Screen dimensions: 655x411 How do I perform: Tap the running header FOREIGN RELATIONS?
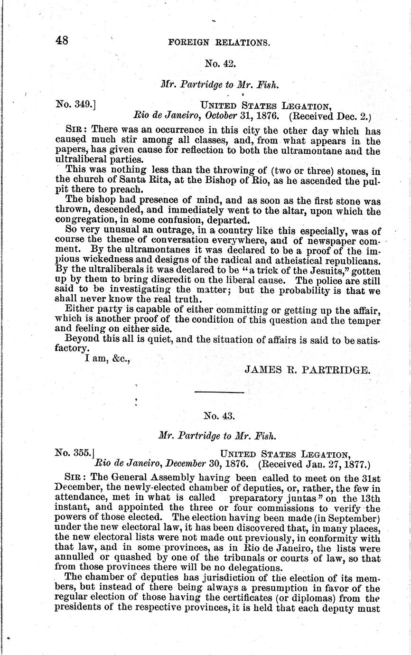click(x=219, y=42)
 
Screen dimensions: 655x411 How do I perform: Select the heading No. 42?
click(x=217, y=63)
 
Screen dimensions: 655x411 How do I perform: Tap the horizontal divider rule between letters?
click(x=219, y=393)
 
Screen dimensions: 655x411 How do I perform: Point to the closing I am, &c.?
click(x=107, y=359)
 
